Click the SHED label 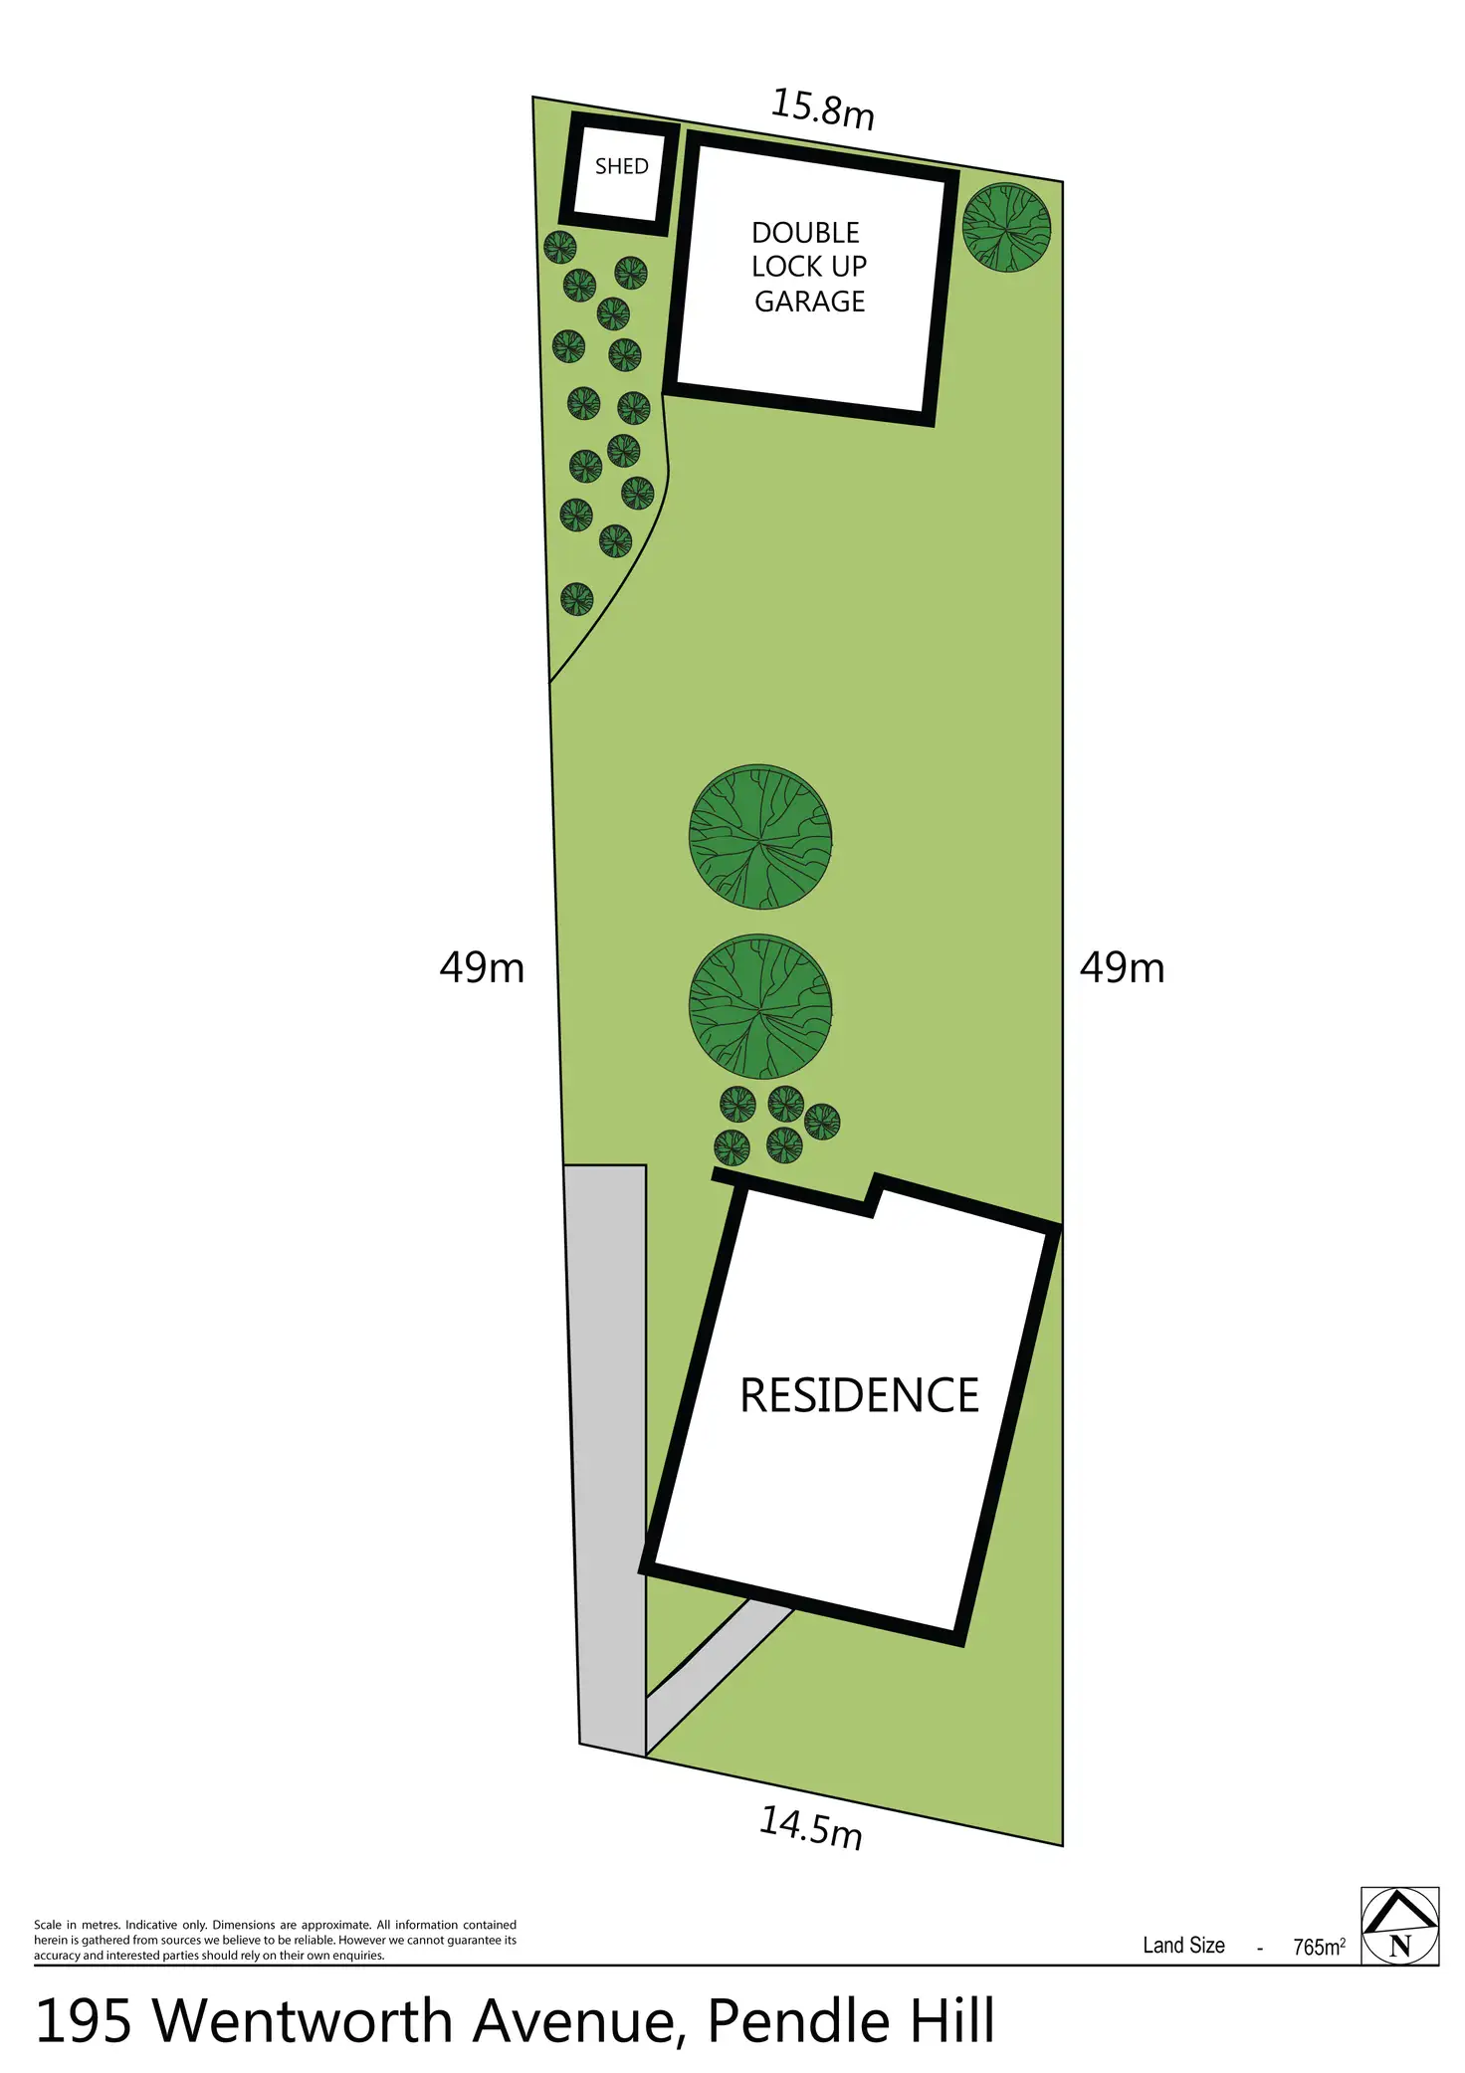coord(621,166)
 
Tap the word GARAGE coord(809,302)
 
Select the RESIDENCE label coord(859,1395)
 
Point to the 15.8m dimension coord(823,108)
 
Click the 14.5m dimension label coord(810,1827)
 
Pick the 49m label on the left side coord(482,967)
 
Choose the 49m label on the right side coord(1122,967)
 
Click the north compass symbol coord(1399,1926)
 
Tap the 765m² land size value coord(1319,1947)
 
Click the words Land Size coord(1183,1946)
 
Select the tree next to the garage coord(1006,227)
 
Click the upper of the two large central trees coord(760,837)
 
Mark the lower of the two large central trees coord(760,1006)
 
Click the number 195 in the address coord(84,2021)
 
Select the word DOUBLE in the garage coord(805,233)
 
